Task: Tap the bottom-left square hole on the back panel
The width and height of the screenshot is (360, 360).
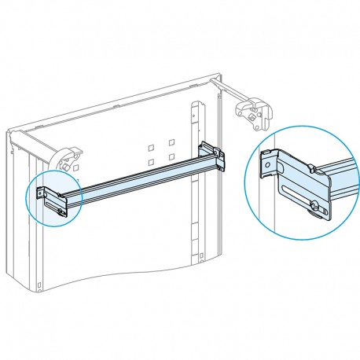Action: pyautogui.click(x=151, y=162)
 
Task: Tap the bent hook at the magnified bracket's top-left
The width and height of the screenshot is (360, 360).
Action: pyautogui.click(x=266, y=156)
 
